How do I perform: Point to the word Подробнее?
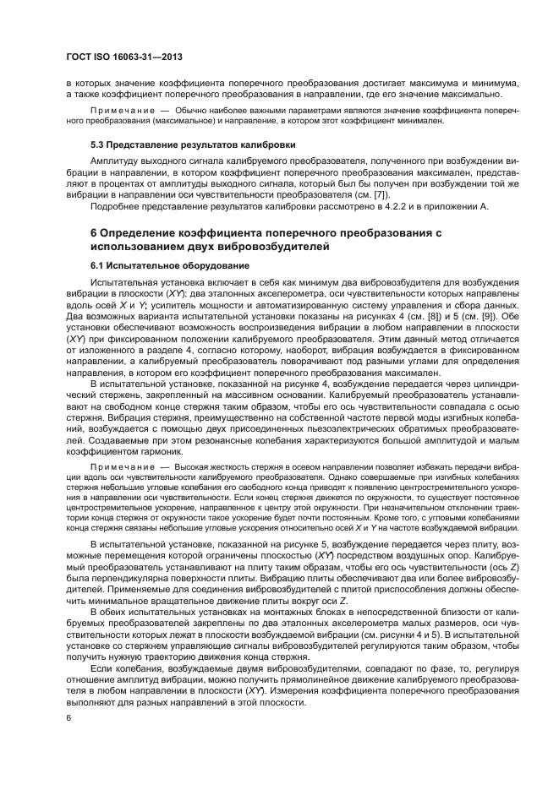coord(117,208)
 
